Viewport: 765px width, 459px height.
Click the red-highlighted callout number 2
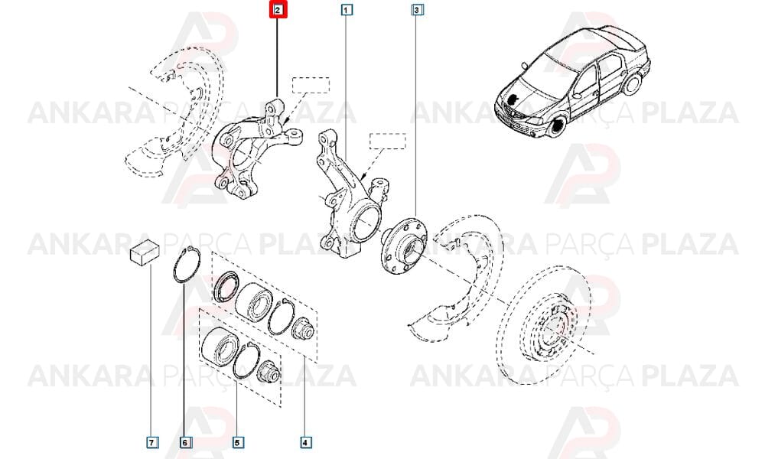click(278, 10)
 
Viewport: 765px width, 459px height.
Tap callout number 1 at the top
click(346, 10)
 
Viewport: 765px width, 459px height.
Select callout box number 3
click(417, 10)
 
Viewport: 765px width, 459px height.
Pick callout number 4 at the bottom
click(305, 442)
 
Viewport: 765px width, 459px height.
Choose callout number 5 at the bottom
click(237, 442)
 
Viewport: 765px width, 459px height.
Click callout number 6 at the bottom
click(184, 442)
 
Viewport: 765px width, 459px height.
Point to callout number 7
click(151, 442)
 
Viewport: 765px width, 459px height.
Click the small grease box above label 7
click(145, 252)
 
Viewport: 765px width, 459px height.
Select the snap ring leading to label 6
click(174, 266)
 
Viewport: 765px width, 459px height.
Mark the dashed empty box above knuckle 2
click(311, 85)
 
